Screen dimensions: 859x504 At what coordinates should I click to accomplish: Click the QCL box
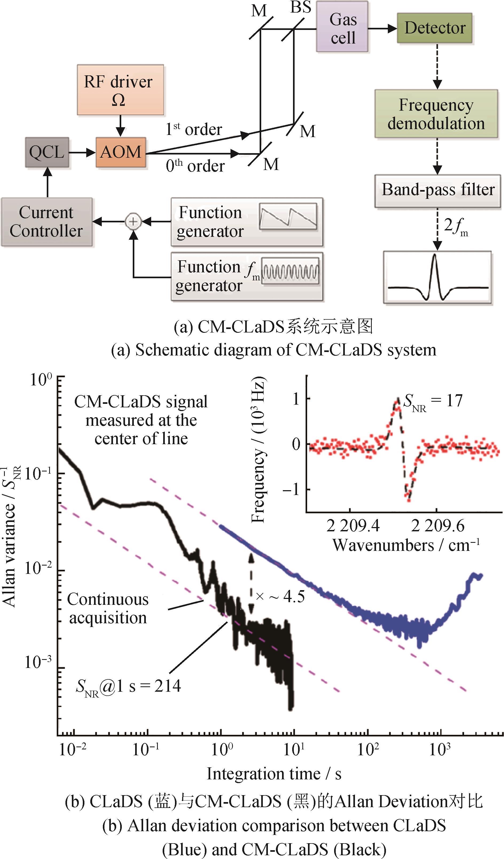click(x=47, y=152)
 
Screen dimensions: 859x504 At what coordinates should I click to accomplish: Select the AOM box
click(x=120, y=152)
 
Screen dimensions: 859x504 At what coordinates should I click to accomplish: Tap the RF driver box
click(x=120, y=90)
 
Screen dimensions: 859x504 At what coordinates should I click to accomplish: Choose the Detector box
click(x=435, y=28)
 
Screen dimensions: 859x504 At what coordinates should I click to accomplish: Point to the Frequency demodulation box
click(x=436, y=114)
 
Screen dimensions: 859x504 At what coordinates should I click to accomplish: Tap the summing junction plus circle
click(x=133, y=222)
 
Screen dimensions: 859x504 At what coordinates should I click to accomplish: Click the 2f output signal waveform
click(x=437, y=277)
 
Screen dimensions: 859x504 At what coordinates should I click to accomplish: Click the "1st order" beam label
click(x=193, y=129)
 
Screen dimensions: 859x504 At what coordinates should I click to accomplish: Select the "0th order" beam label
click(x=195, y=166)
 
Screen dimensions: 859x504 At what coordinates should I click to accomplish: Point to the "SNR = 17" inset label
click(x=432, y=401)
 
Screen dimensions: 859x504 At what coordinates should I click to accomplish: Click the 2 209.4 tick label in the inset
click(x=353, y=526)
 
